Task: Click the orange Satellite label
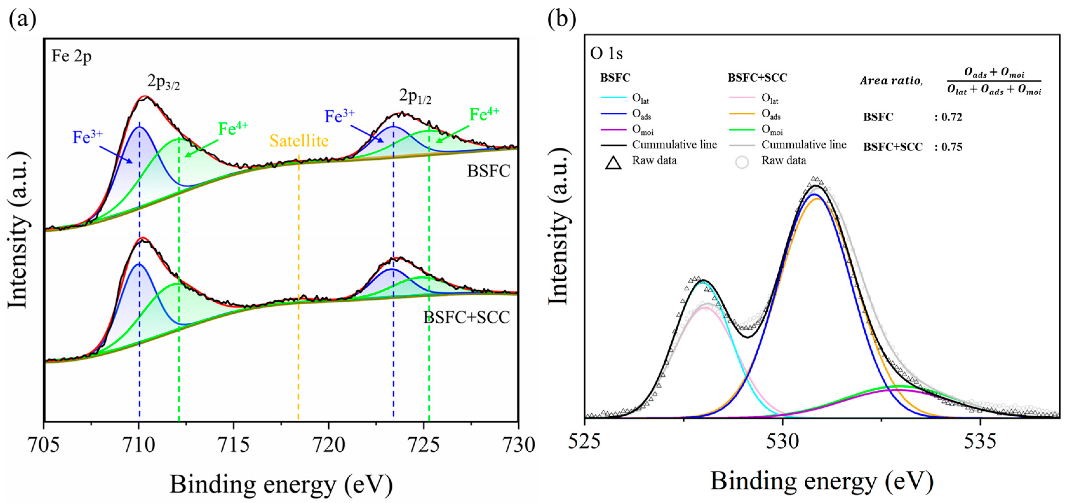point(299,141)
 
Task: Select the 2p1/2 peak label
point(415,97)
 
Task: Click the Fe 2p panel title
point(71,56)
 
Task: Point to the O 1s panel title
point(606,53)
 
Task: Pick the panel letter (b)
point(561,19)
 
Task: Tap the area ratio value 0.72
point(951,117)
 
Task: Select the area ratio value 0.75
point(951,147)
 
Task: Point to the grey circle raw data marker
point(742,162)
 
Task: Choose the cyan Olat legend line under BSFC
point(613,98)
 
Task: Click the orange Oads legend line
point(742,113)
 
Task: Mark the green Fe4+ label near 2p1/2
point(484,114)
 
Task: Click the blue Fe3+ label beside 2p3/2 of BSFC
point(87,137)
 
